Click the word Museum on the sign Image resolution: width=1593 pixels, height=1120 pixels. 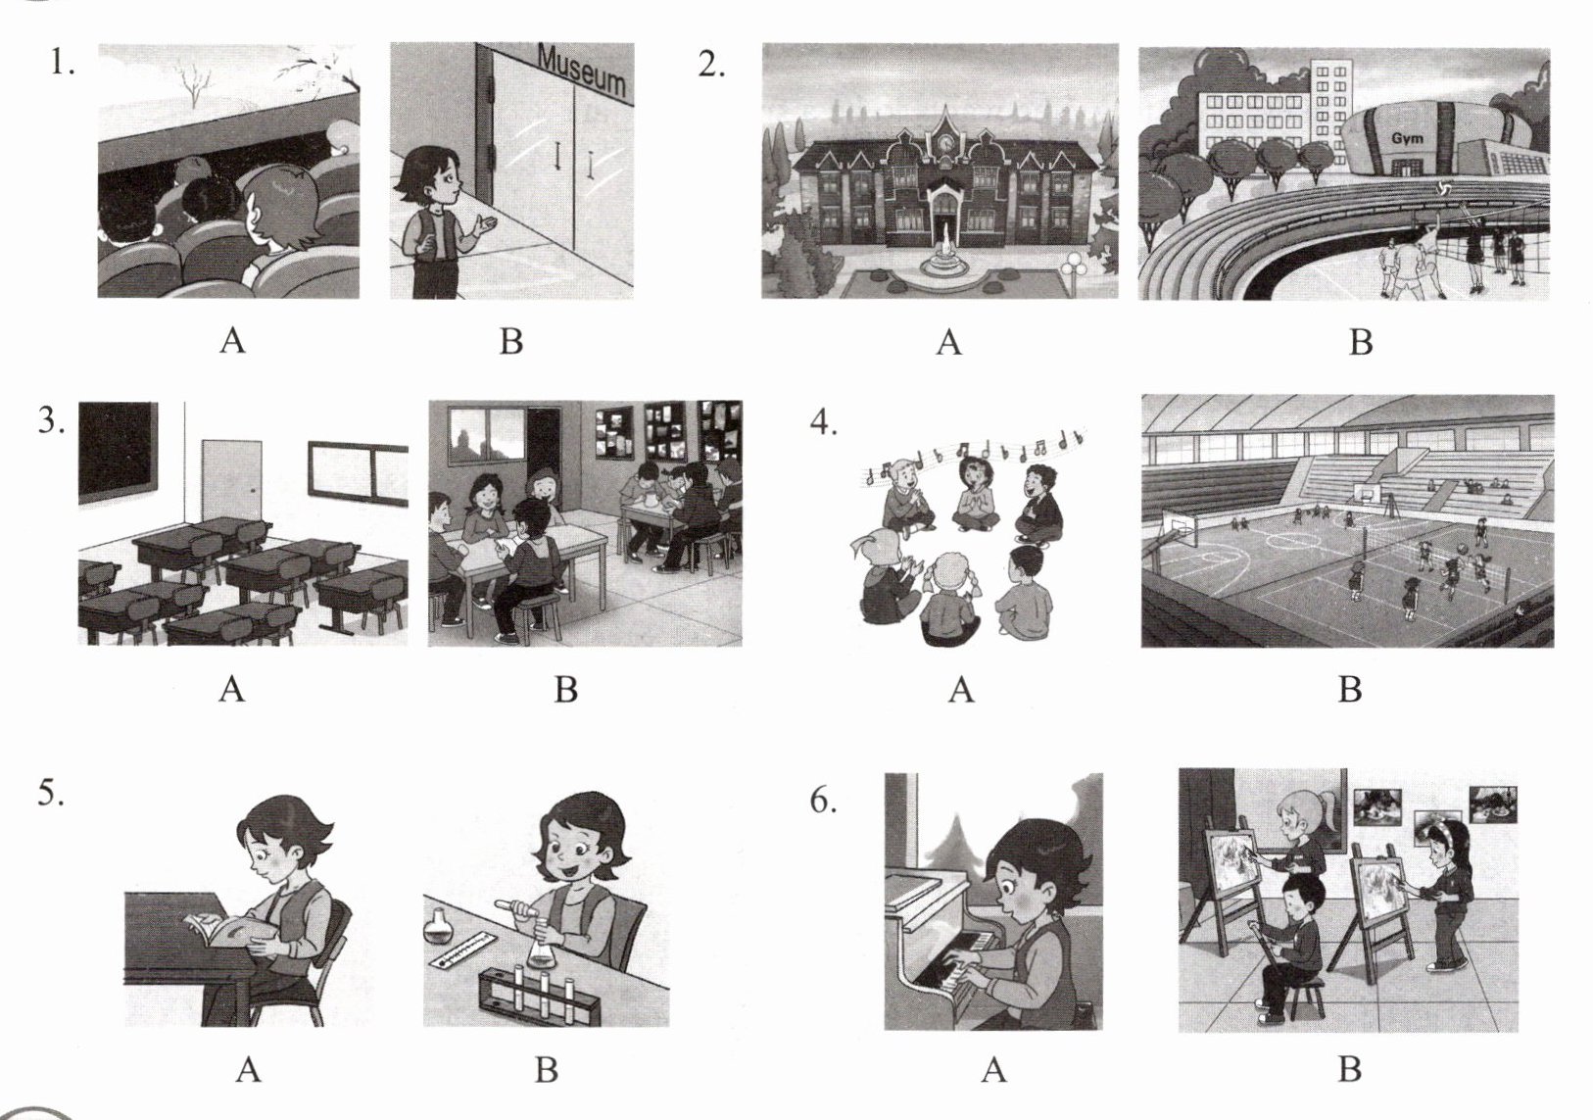pyautogui.click(x=582, y=71)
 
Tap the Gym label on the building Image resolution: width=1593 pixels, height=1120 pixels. pyautogui.click(x=1408, y=138)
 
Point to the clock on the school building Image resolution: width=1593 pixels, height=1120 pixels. pyautogui.click(x=944, y=143)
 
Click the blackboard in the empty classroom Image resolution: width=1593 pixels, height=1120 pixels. pyautogui.click(x=118, y=453)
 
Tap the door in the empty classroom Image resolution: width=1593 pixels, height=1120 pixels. pyautogui.click(x=231, y=482)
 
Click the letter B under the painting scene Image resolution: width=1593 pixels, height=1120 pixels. pyautogui.click(x=1349, y=1070)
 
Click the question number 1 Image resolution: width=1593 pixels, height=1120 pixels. pyautogui.click(x=62, y=64)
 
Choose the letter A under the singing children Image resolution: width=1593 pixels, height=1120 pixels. pyautogui.click(x=961, y=689)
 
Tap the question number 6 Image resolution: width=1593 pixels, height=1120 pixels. pyautogui.click(x=823, y=801)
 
